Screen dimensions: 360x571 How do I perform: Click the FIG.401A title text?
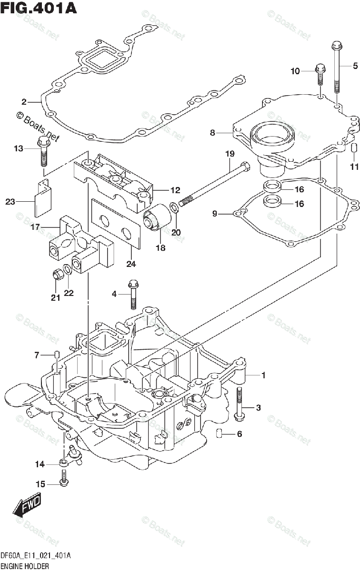39,8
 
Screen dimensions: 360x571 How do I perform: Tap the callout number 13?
19,148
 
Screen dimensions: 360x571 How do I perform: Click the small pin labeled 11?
353,148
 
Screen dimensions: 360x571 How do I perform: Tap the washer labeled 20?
174,207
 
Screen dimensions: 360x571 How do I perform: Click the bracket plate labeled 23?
43,198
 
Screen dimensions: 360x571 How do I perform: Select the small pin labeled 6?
219,433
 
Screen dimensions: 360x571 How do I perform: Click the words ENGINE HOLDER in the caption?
24,566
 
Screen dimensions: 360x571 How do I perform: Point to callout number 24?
131,264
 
